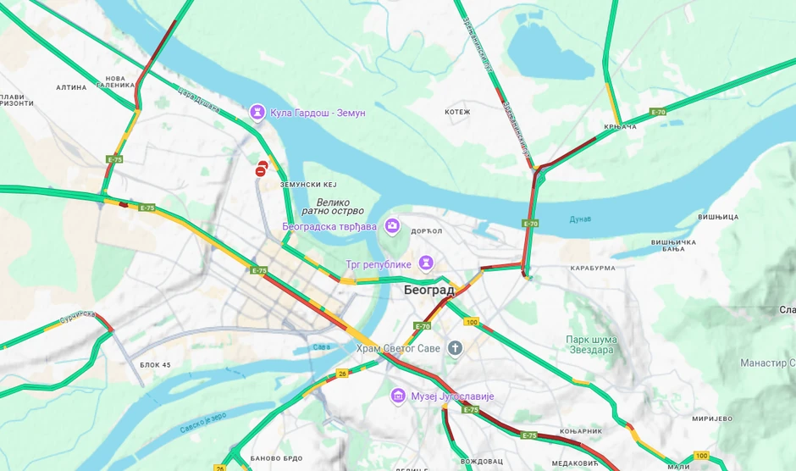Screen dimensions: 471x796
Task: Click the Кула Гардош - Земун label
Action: click(x=318, y=113)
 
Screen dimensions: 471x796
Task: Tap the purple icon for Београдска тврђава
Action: click(x=392, y=225)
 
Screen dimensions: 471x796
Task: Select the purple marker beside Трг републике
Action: click(x=426, y=263)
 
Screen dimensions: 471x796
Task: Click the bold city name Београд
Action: click(x=428, y=290)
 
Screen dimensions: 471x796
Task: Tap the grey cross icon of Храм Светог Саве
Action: click(x=455, y=347)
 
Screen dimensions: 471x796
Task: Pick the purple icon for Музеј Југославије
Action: click(x=398, y=396)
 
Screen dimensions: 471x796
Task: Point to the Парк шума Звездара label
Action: click(x=591, y=346)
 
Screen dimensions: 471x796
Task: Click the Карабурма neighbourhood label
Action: click(x=592, y=269)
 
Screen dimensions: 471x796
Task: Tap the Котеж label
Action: click(x=457, y=112)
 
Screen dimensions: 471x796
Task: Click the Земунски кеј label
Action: click(x=308, y=184)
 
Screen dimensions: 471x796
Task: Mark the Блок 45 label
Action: click(x=155, y=364)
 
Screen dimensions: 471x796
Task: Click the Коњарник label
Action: click(x=582, y=431)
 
